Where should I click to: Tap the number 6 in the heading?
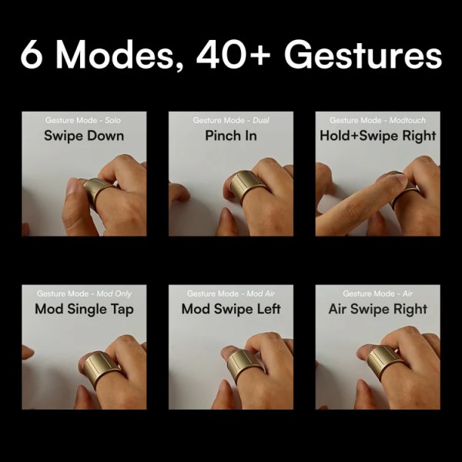coord(32,55)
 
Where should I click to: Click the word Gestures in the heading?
coord(363,56)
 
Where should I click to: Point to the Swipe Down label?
coord(84,136)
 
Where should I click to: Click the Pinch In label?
coord(231,136)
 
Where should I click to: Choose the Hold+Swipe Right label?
coord(378,136)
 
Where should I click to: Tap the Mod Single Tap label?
coord(84,309)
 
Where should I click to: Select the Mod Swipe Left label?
coord(231,309)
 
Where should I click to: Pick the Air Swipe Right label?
coord(378,309)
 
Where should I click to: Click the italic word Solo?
coord(111,120)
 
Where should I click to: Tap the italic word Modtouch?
coord(409,120)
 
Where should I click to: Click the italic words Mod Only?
coord(114,293)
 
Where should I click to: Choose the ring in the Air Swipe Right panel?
coord(383,360)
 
